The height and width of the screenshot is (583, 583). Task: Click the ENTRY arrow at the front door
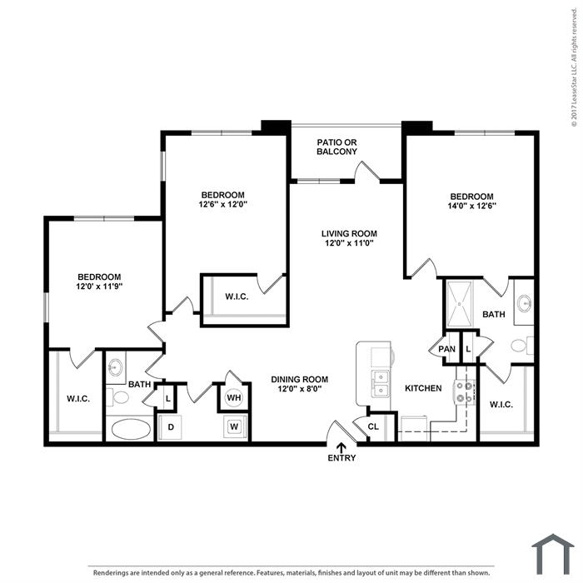pyautogui.click(x=341, y=448)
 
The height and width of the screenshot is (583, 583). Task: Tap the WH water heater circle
pyautogui.click(x=234, y=398)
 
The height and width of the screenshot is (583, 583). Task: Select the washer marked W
pyautogui.click(x=234, y=426)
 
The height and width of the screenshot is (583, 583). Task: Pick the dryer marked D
pyautogui.click(x=171, y=426)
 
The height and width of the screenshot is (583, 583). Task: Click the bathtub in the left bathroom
pyautogui.click(x=131, y=429)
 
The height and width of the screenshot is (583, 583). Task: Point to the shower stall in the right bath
pyautogui.click(x=460, y=304)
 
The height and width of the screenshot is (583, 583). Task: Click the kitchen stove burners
pyautogui.click(x=465, y=392)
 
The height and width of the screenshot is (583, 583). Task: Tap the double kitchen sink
pyautogui.click(x=380, y=384)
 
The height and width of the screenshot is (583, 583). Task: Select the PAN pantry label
pyautogui.click(x=446, y=349)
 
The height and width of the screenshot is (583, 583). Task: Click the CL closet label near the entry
pyautogui.click(x=373, y=426)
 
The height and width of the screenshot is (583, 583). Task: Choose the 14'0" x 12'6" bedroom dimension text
pyautogui.click(x=472, y=206)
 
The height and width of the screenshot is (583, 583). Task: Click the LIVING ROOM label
pyautogui.click(x=349, y=234)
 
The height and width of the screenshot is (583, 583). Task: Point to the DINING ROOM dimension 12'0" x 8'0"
pyautogui.click(x=299, y=389)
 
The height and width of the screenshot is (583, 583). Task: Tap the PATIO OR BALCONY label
pyautogui.click(x=336, y=147)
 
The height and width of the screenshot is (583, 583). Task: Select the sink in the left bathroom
pyautogui.click(x=115, y=367)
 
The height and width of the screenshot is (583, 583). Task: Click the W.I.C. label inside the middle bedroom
pyautogui.click(x=237, y=296)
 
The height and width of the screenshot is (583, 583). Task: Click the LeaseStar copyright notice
pyautogui.click(x=575, y=67)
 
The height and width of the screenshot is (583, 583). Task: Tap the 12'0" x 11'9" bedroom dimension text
pyautogui.click(x=99, y=287)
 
